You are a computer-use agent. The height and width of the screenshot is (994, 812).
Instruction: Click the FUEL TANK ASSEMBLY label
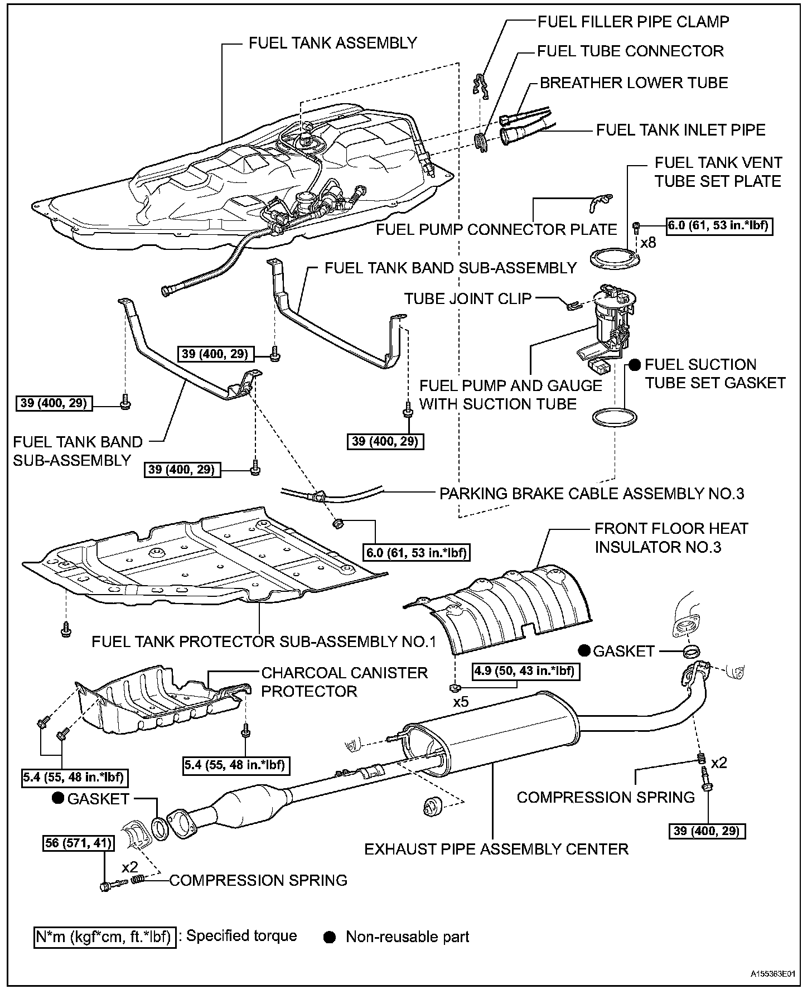point(332,43)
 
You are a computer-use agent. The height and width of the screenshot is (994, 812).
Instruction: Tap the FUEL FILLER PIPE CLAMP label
point(633,22)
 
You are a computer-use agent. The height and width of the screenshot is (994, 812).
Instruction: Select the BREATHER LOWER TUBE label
point(634,83)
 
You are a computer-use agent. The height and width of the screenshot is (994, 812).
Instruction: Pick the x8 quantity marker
point(648,243)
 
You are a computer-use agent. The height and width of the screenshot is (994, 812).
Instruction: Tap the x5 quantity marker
point(461,702)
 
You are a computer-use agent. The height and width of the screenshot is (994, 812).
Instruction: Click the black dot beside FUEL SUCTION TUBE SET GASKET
point(635,365)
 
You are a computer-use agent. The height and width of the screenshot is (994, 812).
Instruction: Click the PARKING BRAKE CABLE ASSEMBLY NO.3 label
point(592,494)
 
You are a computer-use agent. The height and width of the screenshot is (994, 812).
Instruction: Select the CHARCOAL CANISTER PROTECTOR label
point(344,682)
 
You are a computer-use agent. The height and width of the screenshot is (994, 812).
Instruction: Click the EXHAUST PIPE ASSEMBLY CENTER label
point(496,849)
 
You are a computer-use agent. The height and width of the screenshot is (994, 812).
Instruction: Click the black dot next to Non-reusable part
point(330,937)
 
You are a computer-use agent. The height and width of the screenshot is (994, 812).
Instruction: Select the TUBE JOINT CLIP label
point(467,298)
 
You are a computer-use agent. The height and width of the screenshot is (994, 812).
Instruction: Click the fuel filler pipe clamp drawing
point(481,88)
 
